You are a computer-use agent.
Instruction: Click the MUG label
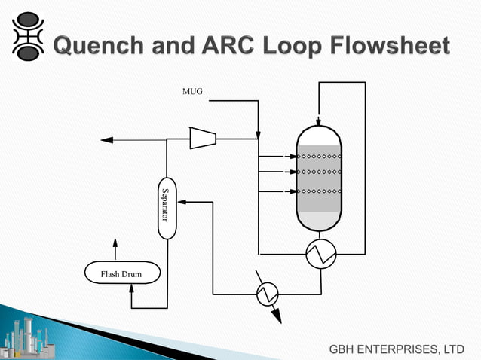[191, 93]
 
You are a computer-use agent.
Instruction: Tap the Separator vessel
[167, 209]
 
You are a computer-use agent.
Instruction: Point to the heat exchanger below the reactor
[320, 255]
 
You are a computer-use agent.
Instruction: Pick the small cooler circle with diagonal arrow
[267, 294]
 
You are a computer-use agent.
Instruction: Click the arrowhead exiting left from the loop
[106, 139]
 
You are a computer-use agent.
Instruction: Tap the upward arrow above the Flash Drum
[115, 244]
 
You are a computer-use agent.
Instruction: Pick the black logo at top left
[29, 37]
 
